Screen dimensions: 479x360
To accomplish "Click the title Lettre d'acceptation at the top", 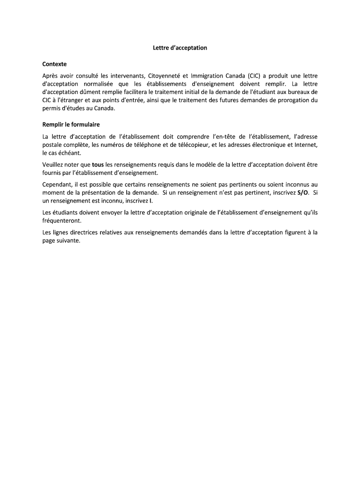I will pyautogui.click(x=180, y=48).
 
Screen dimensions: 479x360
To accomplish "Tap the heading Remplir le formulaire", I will pyautogui.click(x=71, y=125).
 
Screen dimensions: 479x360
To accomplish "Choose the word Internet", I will pyautogui.click(x=307, y=145).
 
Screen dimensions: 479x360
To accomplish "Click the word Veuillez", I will pyautogui.click(x=54, y=165).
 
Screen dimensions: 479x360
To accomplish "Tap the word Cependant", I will pyautogui.click(x=57, y=184).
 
